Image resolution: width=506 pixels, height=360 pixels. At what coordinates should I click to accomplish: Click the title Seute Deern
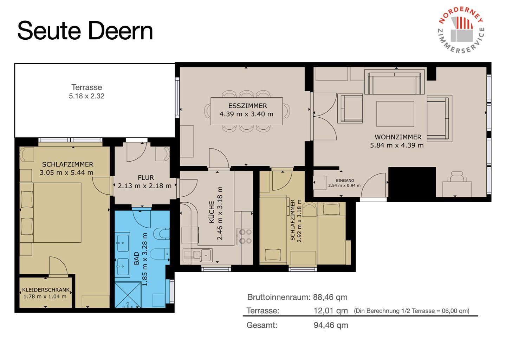tap(85, 31)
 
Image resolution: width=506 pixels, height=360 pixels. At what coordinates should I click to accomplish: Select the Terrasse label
tap(87, 87)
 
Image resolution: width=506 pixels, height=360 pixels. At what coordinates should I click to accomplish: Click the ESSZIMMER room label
tap(248, 106)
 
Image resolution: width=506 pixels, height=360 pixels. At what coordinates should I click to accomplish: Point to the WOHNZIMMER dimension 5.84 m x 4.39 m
tap(397, 145)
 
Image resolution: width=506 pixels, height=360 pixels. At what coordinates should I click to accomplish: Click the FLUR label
tap(146, 177)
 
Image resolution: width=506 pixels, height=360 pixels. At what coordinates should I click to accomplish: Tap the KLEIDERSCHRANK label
tap(46, 290)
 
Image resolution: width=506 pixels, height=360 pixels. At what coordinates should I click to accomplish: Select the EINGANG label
tap(345, 181)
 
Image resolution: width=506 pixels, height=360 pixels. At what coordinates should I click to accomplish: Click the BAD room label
tap(136, 258)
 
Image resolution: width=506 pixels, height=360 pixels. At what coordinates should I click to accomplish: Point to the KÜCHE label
tap(212, 212)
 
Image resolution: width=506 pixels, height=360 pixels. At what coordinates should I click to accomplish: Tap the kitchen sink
tap(197, 255)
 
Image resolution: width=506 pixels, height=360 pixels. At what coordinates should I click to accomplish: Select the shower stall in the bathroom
tap(128, 295)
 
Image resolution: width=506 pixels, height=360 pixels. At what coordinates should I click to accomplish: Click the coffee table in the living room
tap(395, 114)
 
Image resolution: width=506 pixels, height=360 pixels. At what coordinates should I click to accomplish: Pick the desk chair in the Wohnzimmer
tap(457, 177)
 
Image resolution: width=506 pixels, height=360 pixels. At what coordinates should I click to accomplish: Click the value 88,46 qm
tap(330, 297)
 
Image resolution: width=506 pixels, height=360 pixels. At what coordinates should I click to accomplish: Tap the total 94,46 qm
tap(331, 325)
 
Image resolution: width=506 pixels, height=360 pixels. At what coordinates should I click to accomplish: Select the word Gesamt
tap(262, 325)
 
